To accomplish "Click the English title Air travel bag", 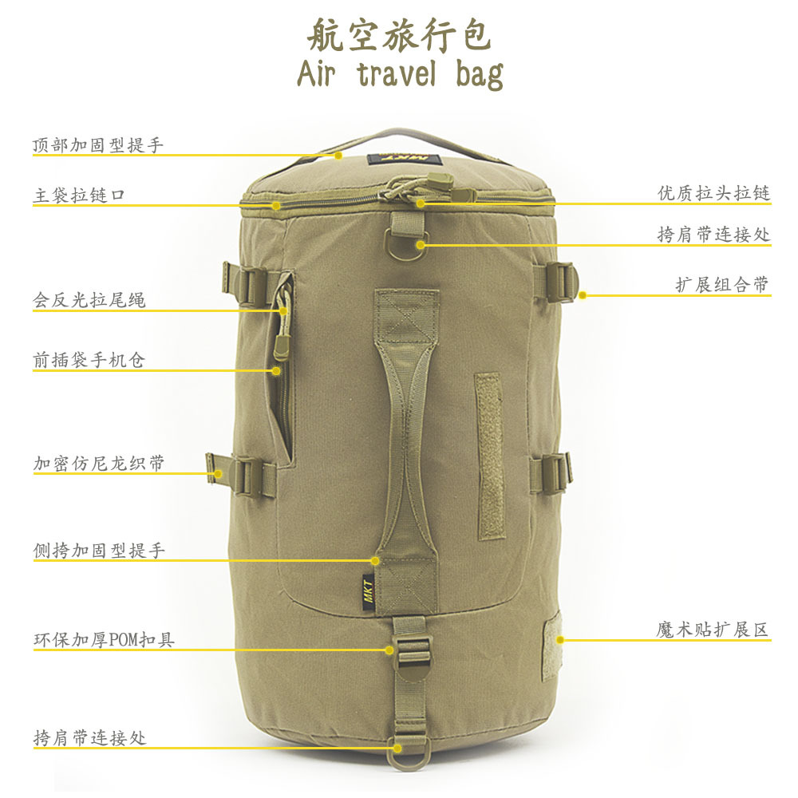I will (399, 73).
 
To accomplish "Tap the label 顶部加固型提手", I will (98, 145).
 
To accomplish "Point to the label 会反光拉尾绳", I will (89, 300).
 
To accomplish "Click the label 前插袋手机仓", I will (89, 361).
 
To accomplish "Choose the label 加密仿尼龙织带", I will (99, 463).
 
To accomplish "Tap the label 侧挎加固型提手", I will (99, 551).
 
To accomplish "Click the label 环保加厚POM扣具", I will (104, 639).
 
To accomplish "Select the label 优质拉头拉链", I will (714, 193).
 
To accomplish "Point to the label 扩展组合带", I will (723, 285).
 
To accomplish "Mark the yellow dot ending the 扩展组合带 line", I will (583, 295).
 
